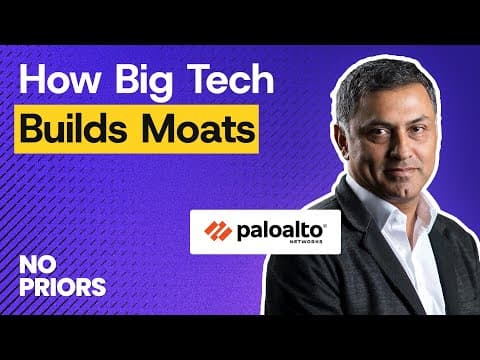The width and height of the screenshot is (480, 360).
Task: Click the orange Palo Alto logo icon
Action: pos(217,231)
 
